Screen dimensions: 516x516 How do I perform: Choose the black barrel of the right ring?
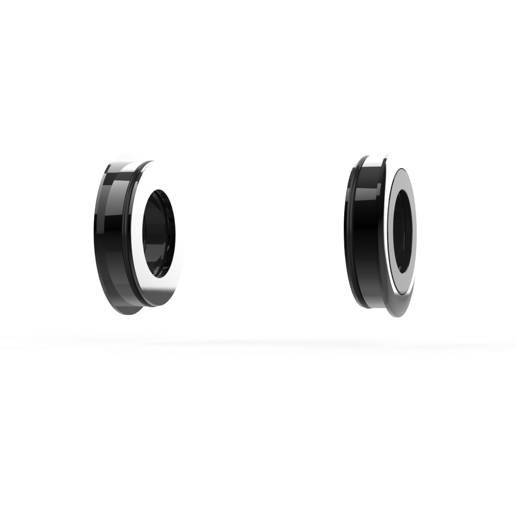[367, 233]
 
